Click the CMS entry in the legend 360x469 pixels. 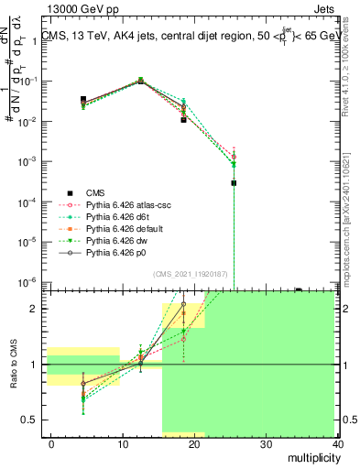95,192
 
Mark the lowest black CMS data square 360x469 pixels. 234,183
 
